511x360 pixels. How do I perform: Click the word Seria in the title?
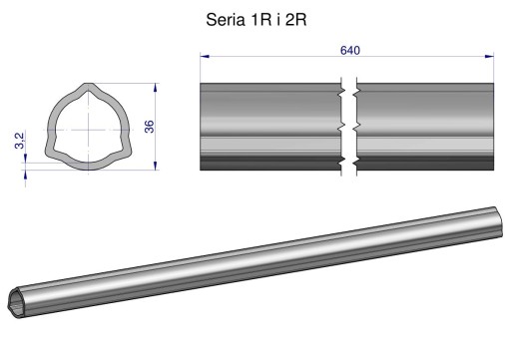pyautogui.click(x=226, y=21)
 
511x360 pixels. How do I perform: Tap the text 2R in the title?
pyautogui.click(x=295, y=21)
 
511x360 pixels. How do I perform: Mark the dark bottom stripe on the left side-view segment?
pyautogui.click(x=269, y=161)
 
